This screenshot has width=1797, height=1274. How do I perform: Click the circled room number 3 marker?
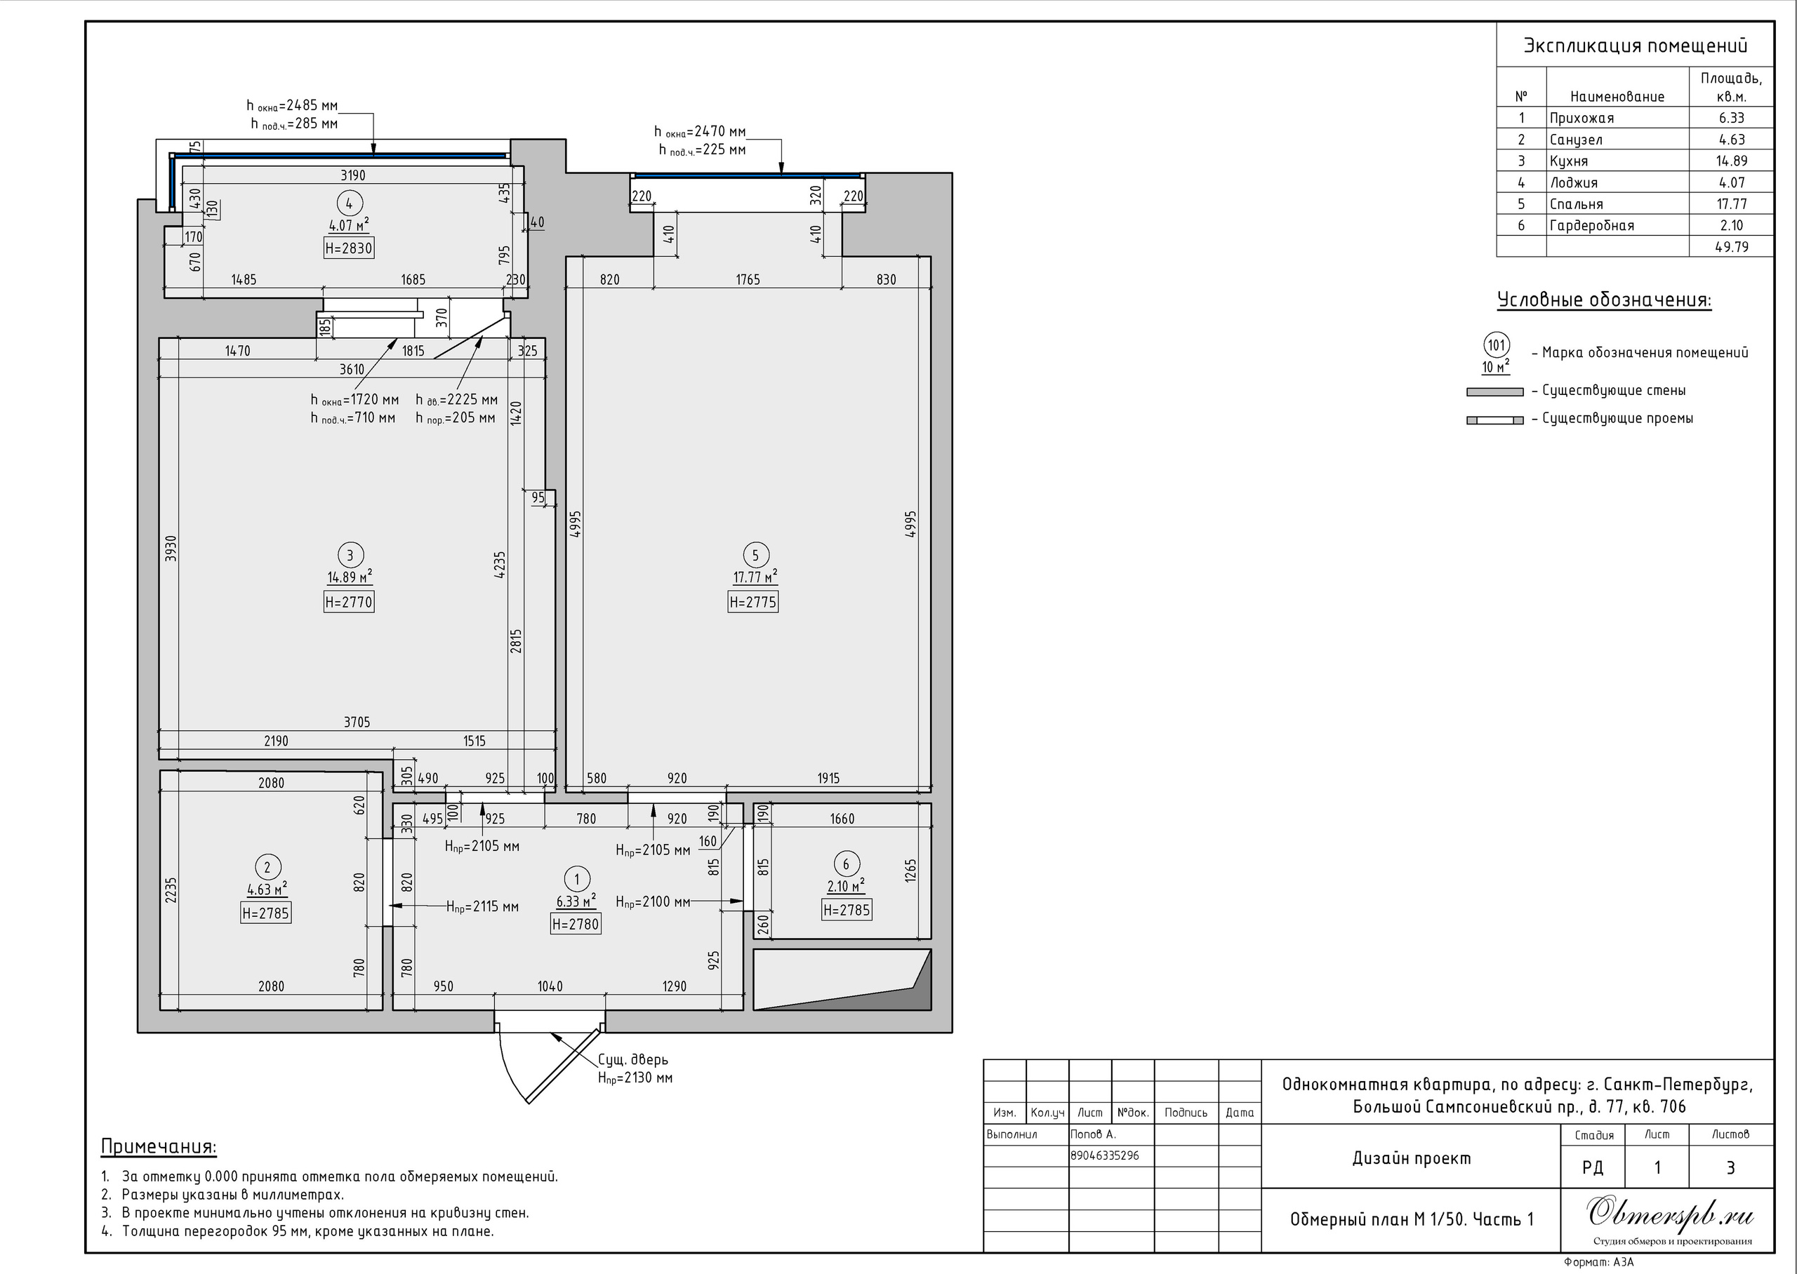point(350,556)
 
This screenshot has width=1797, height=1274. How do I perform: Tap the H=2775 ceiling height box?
point(752,603)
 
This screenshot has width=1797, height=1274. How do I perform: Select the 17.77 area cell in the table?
point(1731,204)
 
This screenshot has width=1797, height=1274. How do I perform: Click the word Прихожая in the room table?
point(1582,119)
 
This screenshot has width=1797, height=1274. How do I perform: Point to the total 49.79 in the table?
point(1731,247)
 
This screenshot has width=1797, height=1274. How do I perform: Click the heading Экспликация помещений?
point(1636,46)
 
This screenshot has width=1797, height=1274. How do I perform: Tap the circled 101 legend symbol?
point(1497,345)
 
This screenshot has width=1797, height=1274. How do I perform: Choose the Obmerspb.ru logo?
point(1670,1215)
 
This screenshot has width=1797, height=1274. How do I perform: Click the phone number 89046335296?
point(1105,1155)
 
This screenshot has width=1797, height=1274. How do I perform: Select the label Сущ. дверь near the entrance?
point(632,1060)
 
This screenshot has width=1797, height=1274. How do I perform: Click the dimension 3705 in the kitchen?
point(357,722)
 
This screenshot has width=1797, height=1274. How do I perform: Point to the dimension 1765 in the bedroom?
point(748,279)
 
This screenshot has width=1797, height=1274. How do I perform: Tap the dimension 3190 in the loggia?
point(353,175)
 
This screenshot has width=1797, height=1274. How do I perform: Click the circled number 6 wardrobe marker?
point(845,864)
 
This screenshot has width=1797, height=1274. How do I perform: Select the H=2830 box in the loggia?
point(349,248)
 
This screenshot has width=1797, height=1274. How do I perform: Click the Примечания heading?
point(159,1146)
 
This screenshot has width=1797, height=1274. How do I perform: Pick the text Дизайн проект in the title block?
point(1411,1158)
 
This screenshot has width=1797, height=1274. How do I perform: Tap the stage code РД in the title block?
point(1593,1167)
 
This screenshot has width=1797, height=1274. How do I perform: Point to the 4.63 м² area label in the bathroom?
point(267,889)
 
